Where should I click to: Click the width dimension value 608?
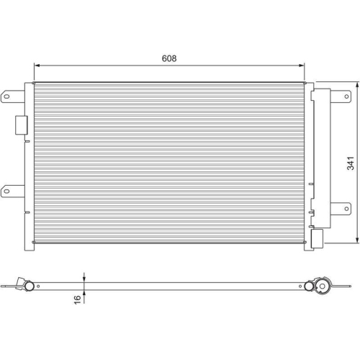168,58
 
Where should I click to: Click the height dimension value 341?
350,163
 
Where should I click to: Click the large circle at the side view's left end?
29,286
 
